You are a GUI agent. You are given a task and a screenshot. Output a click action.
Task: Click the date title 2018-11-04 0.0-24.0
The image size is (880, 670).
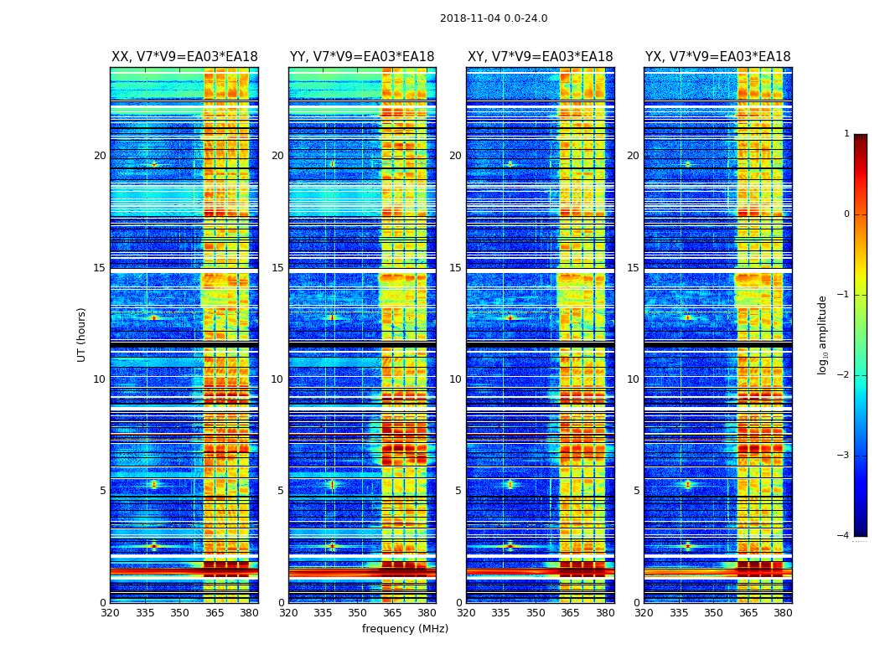(494, 18)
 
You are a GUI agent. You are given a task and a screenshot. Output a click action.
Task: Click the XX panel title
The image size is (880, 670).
(184, 57)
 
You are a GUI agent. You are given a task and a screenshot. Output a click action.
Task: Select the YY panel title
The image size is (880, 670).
(362, 57)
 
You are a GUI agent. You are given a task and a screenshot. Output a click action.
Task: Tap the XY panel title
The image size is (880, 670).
(540, 57)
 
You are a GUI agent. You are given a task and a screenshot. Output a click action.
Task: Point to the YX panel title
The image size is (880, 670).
(717, 57)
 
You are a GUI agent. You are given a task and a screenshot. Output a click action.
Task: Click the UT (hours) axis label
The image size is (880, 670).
(82, 334)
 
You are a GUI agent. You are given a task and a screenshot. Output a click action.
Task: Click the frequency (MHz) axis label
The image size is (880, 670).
(405, 629)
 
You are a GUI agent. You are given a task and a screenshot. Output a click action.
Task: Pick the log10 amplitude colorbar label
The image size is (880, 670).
(823, 334)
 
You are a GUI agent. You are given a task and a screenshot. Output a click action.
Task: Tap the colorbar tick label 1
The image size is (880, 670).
(846, 134)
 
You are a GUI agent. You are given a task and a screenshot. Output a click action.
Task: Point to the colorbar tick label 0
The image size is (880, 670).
(846, 214)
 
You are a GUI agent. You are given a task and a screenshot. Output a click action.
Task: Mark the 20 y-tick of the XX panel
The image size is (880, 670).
(100, 156)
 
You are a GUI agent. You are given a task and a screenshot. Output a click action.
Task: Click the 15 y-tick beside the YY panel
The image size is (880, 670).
(277, 268)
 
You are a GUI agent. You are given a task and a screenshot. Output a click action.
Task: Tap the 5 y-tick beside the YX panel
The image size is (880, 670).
(636, 491)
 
